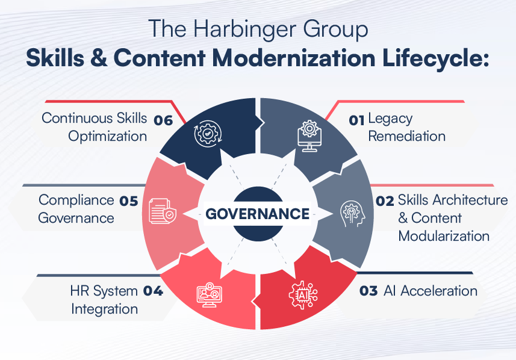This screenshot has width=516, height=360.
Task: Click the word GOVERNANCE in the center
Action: [258, 214]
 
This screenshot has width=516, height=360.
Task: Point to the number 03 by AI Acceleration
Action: [368, 291]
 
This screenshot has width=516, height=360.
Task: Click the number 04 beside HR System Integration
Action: [153, 291]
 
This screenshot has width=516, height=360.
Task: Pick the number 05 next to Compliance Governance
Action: [128, 201]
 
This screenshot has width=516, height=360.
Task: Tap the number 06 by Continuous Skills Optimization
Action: [163, 119]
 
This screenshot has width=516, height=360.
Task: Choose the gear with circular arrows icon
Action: [207, 134]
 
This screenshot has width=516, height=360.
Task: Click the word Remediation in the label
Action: [406, 136]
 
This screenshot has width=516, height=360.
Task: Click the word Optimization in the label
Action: [108, 136]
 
